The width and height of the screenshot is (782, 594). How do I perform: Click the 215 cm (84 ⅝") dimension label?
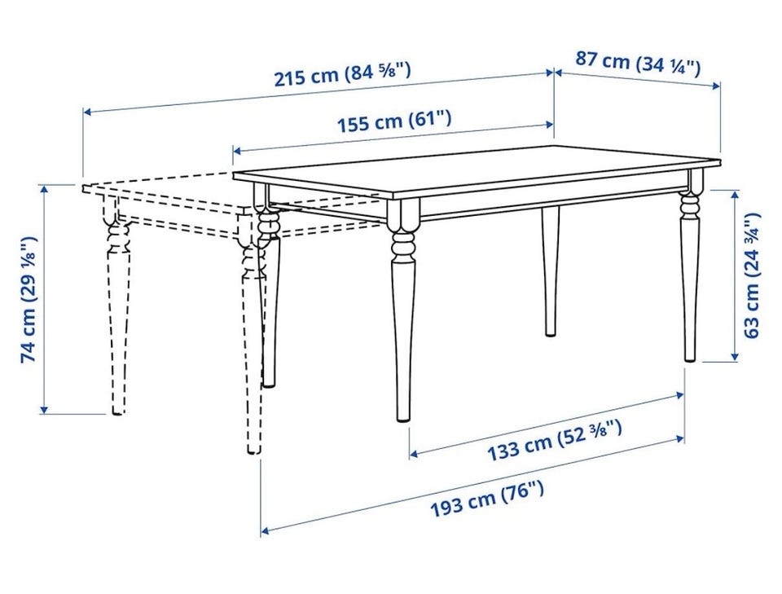(343, 74)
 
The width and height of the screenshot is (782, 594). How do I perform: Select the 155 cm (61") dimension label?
(394, 121)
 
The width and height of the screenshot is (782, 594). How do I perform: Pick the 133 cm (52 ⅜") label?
(554, 440)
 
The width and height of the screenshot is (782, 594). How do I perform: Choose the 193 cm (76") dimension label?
(487, 499)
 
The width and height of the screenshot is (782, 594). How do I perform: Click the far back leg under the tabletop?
(550, 271)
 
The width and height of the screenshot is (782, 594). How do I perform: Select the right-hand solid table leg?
(691, 270)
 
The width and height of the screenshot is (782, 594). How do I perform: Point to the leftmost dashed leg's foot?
(117, 411)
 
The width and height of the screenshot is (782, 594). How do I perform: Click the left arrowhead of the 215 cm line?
(88, 112)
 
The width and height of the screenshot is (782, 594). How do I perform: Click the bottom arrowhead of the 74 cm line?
(44, 409)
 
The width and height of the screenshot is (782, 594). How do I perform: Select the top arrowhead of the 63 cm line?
(734, 195)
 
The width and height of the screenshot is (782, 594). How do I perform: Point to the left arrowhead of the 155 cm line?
(238, 150)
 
